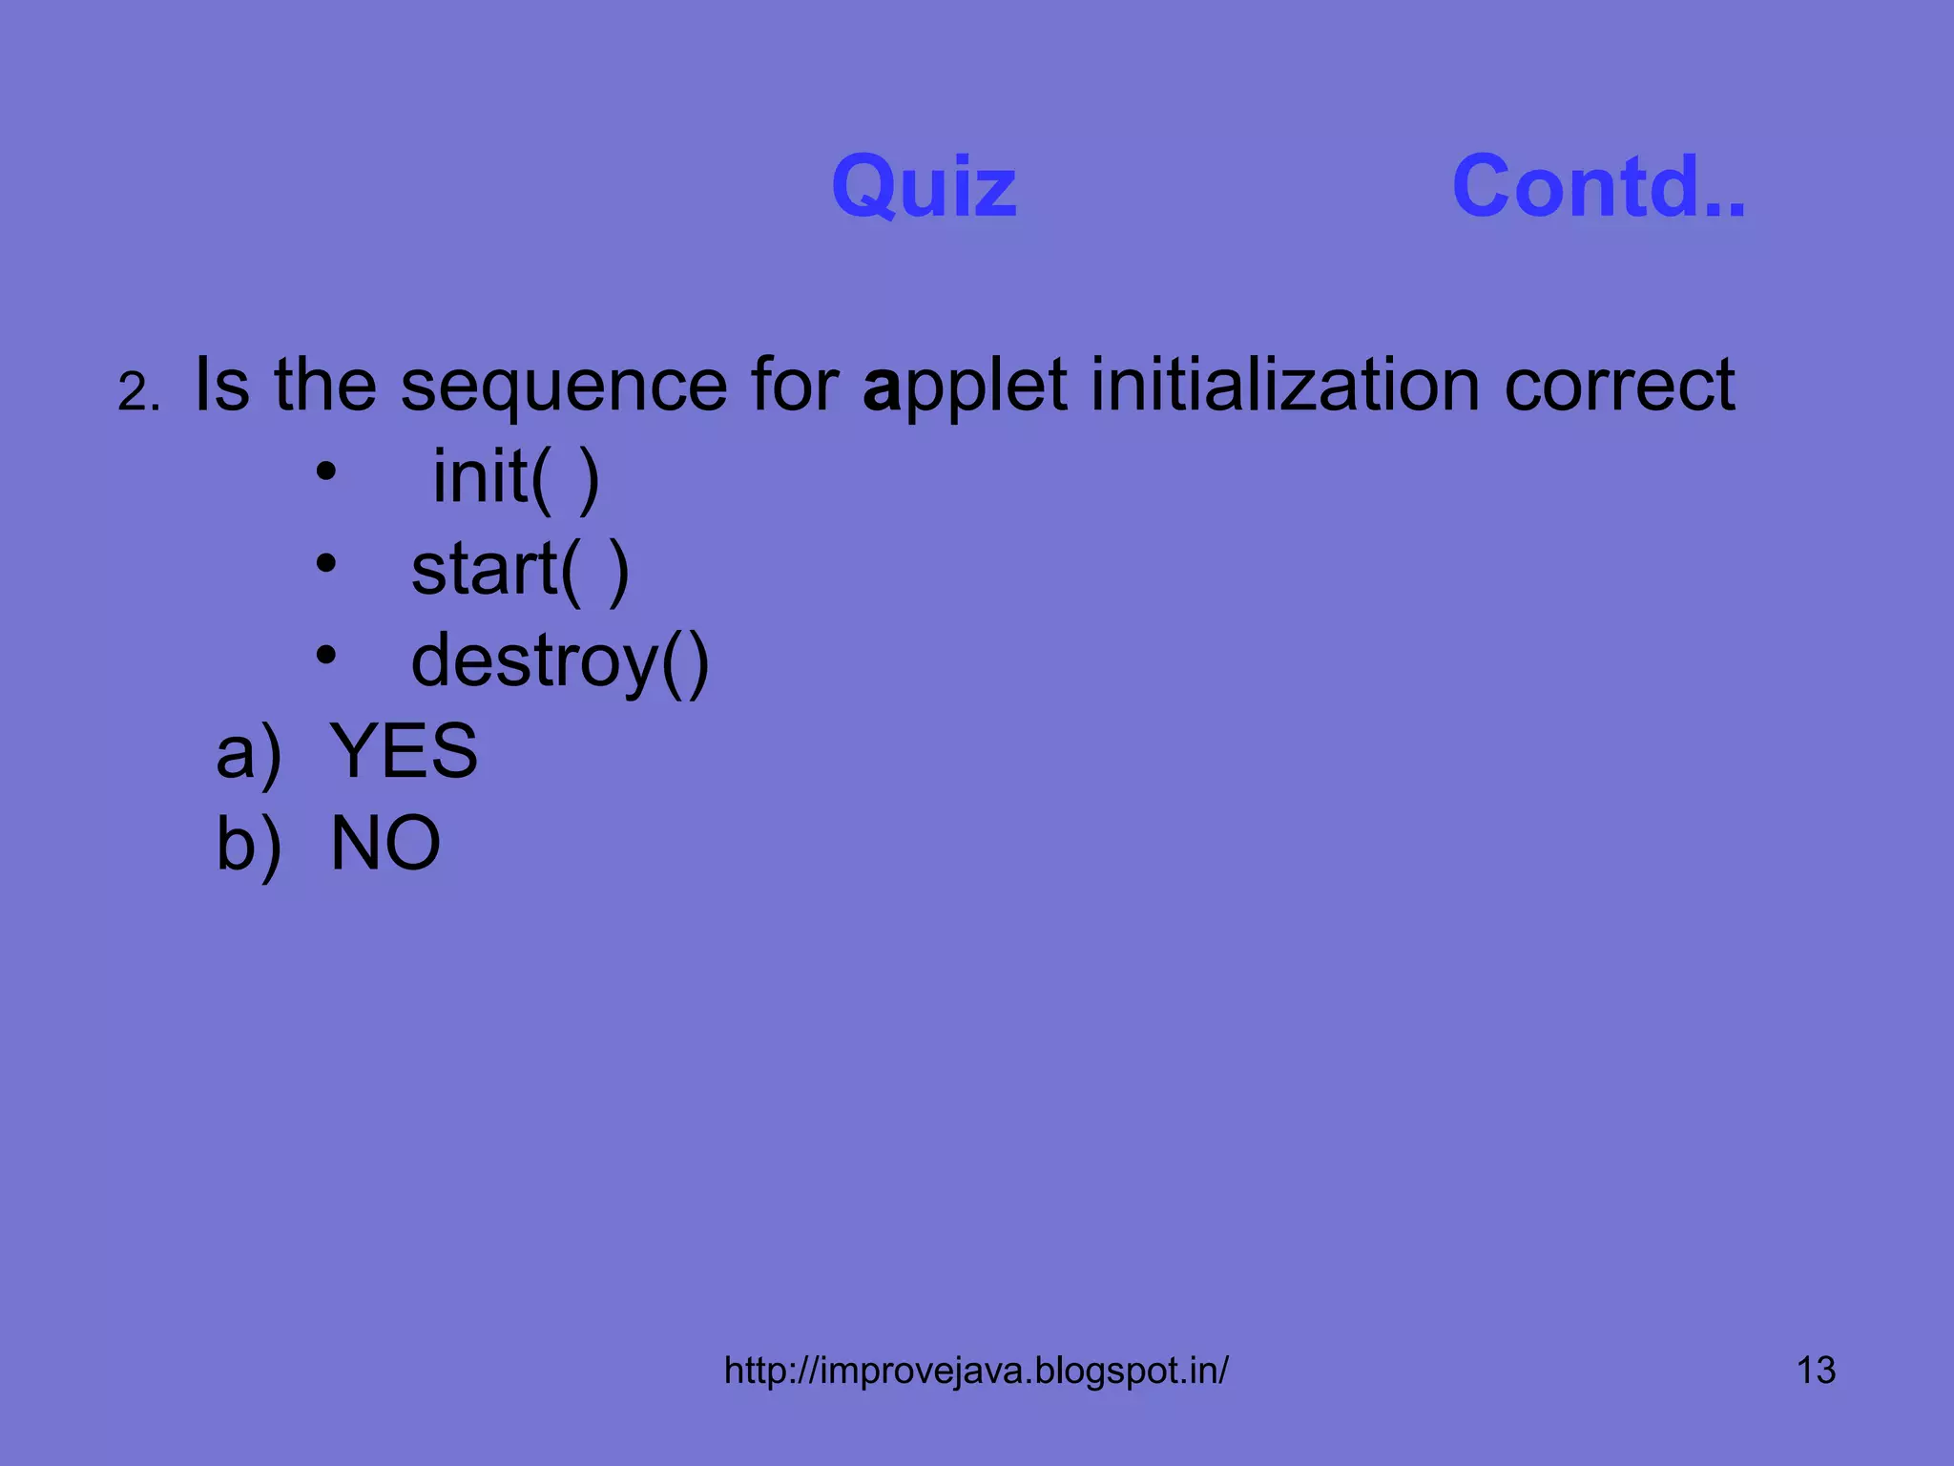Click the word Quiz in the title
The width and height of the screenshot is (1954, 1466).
[x=924, y=186]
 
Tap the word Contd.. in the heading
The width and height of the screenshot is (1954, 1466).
[x=1598, y=186]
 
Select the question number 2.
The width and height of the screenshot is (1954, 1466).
[x=139, y=392]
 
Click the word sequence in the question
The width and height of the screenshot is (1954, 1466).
[x=564, y=387]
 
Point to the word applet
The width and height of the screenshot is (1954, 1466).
[x=965, y=387]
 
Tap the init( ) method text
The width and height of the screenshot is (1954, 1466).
[x=516, y=476]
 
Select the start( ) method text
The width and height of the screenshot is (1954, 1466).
[x=520, y=570]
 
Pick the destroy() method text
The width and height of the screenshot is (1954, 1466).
[x=560, y=661]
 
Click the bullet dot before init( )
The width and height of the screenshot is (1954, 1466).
[x=326, y=471]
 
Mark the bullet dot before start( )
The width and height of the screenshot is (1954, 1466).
[x=326, y=563]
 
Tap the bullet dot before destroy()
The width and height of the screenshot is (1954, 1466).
[x=326, y=655]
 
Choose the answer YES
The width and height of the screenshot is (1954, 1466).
[x=404, y=751]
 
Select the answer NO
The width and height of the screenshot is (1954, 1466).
[x=385, y=843]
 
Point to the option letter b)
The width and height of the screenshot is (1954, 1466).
[x=249, y=845]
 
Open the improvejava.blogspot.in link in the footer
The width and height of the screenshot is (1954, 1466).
[x=976, y=1371]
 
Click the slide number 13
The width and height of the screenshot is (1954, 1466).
[x=1816, y=1371]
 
